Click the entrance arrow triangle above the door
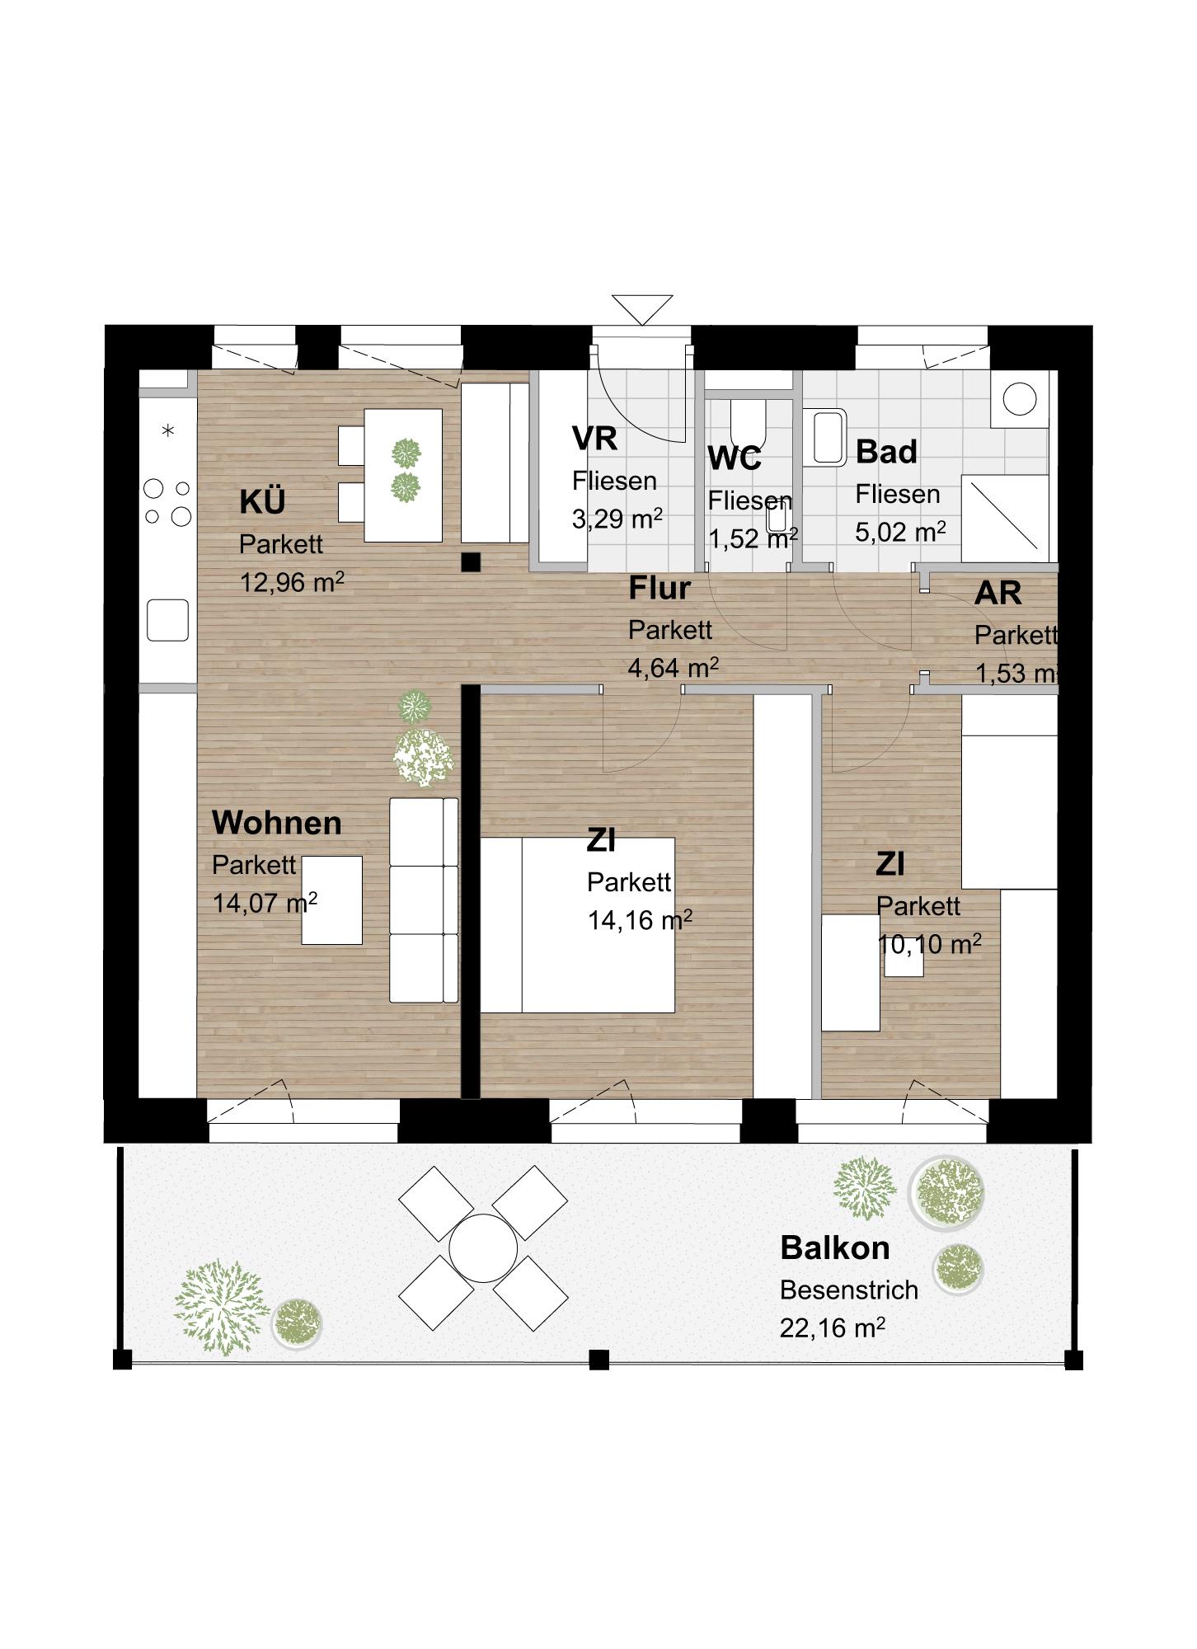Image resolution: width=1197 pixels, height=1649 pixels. (642, 308)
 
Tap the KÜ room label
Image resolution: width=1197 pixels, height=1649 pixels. (262, 501)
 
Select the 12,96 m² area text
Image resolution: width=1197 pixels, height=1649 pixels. (291, 582)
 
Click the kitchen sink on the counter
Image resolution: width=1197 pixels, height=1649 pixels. (168, 620)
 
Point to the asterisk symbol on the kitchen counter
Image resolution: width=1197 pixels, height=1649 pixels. (168, 430)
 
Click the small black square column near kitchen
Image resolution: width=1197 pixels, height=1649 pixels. (470, 561)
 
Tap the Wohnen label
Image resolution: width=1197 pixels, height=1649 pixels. (276, 823)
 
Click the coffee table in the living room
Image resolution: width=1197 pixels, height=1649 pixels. (331, 900)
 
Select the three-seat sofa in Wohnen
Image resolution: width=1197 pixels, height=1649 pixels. (423, 900)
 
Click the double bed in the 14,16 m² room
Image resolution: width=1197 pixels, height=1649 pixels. (578, 925)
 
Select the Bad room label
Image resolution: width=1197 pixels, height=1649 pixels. (886, 452)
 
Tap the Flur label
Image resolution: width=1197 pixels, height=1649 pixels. (660, 589)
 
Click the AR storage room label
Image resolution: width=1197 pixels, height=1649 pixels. (997, 593)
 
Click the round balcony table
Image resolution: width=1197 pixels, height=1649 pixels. (483, 1247)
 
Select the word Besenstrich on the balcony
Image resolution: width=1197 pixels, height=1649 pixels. (848, 1290)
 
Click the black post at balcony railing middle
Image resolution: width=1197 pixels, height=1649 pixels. (599, 1359)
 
